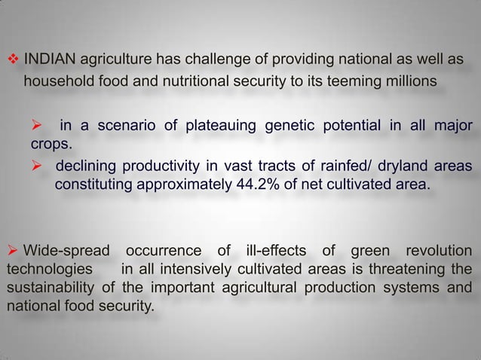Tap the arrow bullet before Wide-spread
click(13, 250)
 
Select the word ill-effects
click(271, 250)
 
